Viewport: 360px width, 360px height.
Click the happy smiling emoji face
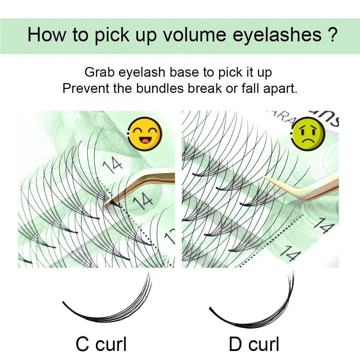tap(145, 134)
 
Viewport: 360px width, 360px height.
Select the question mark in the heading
tap(332, 35)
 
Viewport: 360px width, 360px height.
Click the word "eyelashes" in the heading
tap(277, 35)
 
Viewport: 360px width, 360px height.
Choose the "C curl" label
tap(101, 344)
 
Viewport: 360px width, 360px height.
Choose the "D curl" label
tap(254, 344)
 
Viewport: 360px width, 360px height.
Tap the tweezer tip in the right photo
tap(264, 176)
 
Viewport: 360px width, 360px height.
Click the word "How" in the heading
tap(46, 35)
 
